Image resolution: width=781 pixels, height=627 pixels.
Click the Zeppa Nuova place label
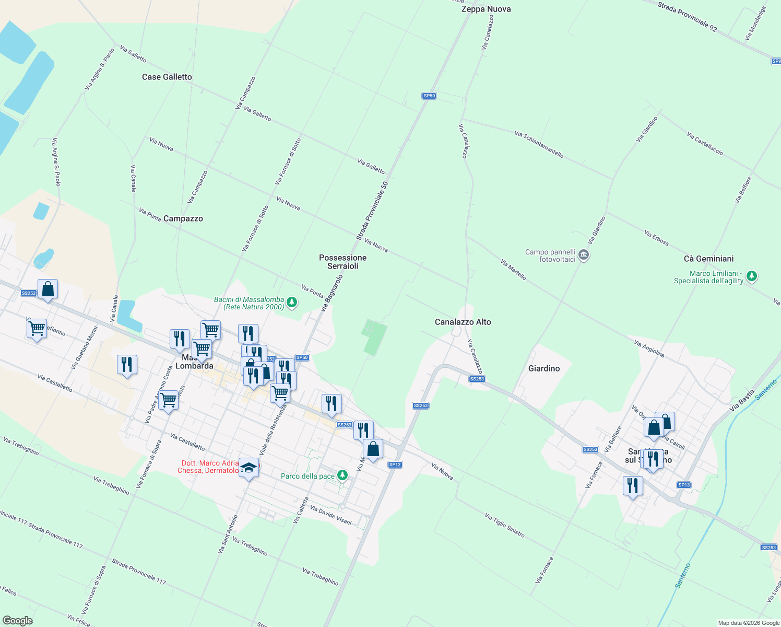486,9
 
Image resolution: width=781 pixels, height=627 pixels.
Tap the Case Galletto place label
167,77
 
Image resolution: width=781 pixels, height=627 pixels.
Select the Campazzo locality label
183,218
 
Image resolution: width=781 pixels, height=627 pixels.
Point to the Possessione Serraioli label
343,262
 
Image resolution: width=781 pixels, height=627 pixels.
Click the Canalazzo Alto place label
463,322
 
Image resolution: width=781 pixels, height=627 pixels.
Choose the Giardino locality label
544,368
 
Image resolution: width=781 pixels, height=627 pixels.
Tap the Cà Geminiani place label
708,259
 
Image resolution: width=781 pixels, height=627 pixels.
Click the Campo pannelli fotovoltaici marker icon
584,256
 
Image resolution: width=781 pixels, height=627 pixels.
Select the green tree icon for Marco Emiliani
751,276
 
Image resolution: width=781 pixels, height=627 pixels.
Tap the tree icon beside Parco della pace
342,475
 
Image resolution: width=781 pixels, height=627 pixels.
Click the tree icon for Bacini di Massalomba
292,302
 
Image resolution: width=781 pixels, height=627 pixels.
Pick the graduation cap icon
249,467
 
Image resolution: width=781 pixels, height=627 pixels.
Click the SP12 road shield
395,465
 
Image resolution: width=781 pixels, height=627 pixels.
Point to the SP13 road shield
684,485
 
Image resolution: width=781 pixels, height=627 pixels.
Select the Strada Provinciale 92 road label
687,16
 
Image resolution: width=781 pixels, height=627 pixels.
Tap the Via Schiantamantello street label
539,144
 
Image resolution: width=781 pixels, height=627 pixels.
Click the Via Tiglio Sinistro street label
504,525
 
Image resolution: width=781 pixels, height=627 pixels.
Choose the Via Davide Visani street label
331,515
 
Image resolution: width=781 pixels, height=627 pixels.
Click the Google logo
18,621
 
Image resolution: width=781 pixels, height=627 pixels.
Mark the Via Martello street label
513,270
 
